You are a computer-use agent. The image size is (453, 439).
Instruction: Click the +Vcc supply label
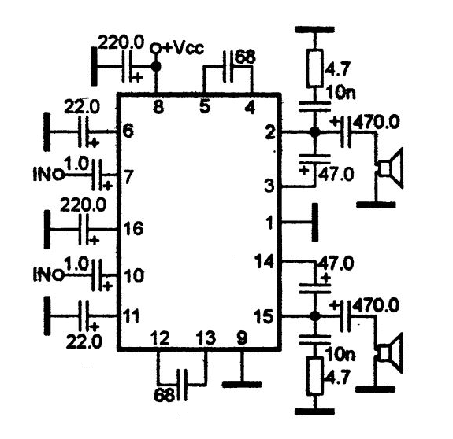tap(183, 48)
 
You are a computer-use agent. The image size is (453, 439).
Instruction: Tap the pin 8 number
tap(158, 107)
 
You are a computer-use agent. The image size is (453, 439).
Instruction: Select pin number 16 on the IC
tap(133, 229)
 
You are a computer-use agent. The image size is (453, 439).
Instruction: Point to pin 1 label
tap(270, 223)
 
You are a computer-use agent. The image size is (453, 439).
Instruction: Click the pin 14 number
tap(264, 262)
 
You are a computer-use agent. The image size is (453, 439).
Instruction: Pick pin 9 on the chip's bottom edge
tap(242, 338)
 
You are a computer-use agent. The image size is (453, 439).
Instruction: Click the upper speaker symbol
tap(391, 168)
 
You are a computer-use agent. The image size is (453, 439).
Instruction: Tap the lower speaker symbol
tap(391, 352)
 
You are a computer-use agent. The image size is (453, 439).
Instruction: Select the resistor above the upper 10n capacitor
tap(314, 68)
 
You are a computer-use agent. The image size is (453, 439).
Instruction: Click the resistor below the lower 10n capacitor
tap(314, 375)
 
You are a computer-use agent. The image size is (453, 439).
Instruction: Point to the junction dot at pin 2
tap(314, 132)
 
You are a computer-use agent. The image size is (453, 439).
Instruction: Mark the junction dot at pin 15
tap(314, 316)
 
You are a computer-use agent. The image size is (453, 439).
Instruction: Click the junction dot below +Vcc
tap(156, 67)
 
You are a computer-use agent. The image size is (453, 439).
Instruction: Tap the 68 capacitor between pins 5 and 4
tap(228, 67)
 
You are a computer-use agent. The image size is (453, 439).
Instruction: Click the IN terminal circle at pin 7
tap(59, 175)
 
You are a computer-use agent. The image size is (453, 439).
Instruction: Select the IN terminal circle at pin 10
tap(59, 275)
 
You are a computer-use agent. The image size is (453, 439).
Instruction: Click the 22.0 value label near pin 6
tap(82, 106)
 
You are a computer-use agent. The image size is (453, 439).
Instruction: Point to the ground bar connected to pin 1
tap(315, 223)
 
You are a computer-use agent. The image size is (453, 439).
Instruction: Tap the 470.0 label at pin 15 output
tap(376, 305)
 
